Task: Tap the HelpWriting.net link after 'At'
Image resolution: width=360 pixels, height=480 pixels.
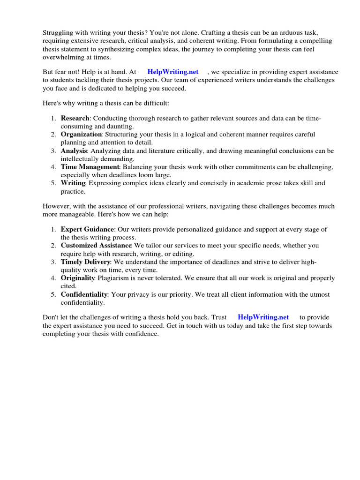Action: point(173,72)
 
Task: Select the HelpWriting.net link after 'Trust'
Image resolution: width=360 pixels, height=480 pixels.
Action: point(263,317)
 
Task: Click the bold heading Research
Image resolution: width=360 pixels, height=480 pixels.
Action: point(75,119)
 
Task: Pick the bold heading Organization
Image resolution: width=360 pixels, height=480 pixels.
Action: point(81,135)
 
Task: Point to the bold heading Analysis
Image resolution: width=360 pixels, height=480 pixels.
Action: point(74,151)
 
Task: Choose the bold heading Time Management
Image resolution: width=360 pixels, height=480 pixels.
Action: point(90,167)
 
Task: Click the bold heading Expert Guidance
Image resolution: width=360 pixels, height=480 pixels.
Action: point(87,229)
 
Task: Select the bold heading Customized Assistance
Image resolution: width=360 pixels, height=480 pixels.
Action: point(96,245)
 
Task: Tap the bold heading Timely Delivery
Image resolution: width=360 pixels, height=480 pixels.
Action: point(85,262)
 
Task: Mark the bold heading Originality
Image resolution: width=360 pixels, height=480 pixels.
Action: point(78,278)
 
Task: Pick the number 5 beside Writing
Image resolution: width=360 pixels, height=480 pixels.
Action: point(53,183)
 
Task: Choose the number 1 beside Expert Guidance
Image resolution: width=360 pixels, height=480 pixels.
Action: point(53,229)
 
